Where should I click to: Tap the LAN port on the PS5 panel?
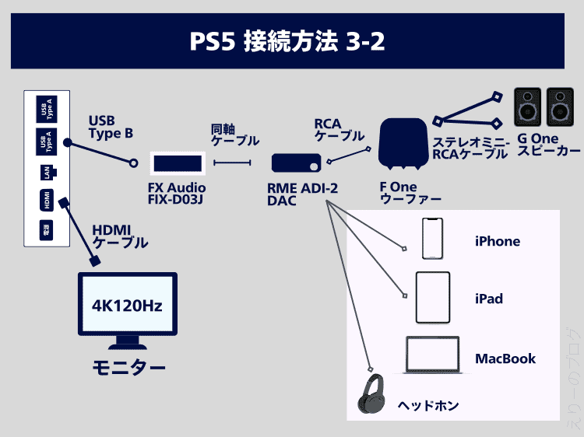(47, 173)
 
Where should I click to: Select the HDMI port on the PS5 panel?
(47, 201)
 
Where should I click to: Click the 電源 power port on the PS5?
(47, 229)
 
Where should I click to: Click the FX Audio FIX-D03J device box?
(177, 163)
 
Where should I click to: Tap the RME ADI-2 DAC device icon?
(296, 163)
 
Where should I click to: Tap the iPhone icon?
(433, 238)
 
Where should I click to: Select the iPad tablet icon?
(433, 296)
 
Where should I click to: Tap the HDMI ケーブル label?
(120, 236)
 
